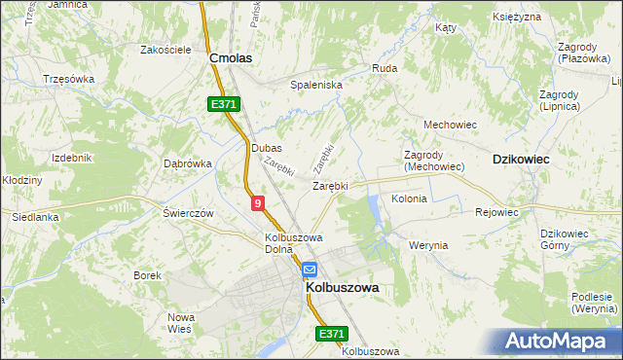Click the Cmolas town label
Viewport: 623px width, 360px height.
click(x=232, y=58)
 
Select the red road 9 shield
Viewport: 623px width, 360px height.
click(x=257, y=202)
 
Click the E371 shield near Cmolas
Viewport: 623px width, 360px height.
click(x=223, y=104)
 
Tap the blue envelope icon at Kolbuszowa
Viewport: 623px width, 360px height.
click(x=309, y=270)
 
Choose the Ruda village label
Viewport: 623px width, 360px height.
click(x=384, y=69)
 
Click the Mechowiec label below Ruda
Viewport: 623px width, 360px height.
click(x=448, y=125)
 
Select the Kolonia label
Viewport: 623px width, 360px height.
click(x=409, y=198)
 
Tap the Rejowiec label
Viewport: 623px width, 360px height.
click(x=496, y=211)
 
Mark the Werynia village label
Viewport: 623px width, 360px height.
click(x=428, y=245)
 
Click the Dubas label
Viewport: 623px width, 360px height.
click(x=266, y=148)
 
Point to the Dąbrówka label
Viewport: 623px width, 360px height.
click(x=188, y=163)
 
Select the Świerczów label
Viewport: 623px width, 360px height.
click(x=188, y=212)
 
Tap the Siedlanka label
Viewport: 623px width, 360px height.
click(x=35, y=218)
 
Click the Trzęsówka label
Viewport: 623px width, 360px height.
click(x=68, y=79)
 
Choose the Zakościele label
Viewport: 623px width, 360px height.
click(x=165, y=50)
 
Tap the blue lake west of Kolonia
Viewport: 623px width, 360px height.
click(x=374, y=206)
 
